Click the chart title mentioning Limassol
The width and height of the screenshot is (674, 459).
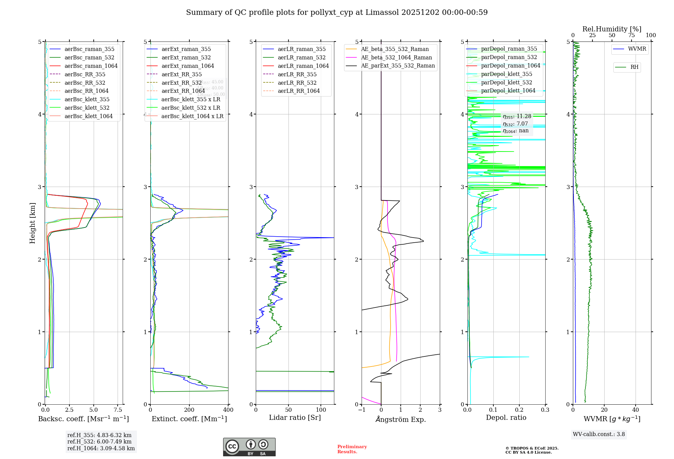point(337,12)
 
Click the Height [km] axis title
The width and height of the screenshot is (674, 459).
point(32,223)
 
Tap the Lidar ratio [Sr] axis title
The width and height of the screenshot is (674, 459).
point(295,418)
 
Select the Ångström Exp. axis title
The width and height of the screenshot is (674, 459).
point(400,420)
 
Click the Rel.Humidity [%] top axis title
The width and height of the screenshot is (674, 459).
point(612,29)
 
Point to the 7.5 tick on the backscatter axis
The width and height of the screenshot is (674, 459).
point(118,410)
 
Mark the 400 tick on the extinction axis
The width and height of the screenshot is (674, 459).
point(228,410)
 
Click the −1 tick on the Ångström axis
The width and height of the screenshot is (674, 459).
point(362,410)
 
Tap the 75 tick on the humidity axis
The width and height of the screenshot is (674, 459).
point(631,35)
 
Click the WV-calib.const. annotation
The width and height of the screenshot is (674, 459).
point(599,434)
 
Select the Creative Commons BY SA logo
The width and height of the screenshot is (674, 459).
point(249,447)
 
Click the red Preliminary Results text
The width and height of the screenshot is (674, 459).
point(352,449)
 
